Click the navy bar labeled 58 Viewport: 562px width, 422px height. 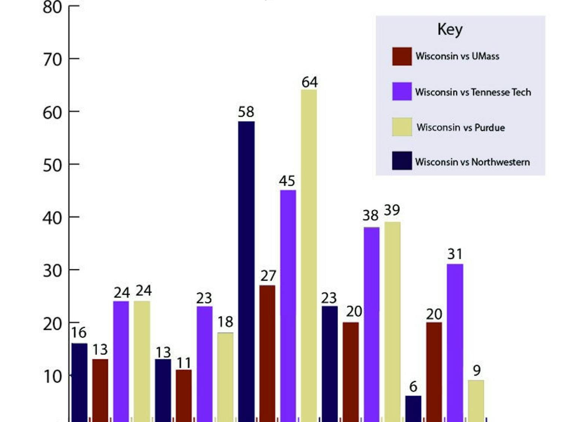tap(246, 270)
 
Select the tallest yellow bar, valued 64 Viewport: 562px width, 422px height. tap(309, 255)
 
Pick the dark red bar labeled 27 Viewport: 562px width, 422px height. tap(267, 353)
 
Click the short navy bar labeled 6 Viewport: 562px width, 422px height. tap(413, 408)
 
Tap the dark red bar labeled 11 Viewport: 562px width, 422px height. tap(184, 395)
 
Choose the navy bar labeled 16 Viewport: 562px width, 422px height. tap(79, 382)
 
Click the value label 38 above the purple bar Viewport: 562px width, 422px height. tap(370, 216)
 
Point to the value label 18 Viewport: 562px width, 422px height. tap(225, 322)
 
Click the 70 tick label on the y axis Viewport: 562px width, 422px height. tap(52, 60)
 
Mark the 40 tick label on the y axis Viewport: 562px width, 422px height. tap(52, 218)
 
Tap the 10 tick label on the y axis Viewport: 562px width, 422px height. tap(52, 377)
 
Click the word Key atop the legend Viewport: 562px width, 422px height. tap(450, 30)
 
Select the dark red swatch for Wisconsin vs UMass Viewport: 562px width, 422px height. tap(402, 56)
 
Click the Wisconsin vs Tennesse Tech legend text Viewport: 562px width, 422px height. tap(473, 92)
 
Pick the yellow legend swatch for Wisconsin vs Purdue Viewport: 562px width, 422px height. tap(402, 127)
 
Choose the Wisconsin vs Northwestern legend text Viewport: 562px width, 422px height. tap(472, 162)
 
